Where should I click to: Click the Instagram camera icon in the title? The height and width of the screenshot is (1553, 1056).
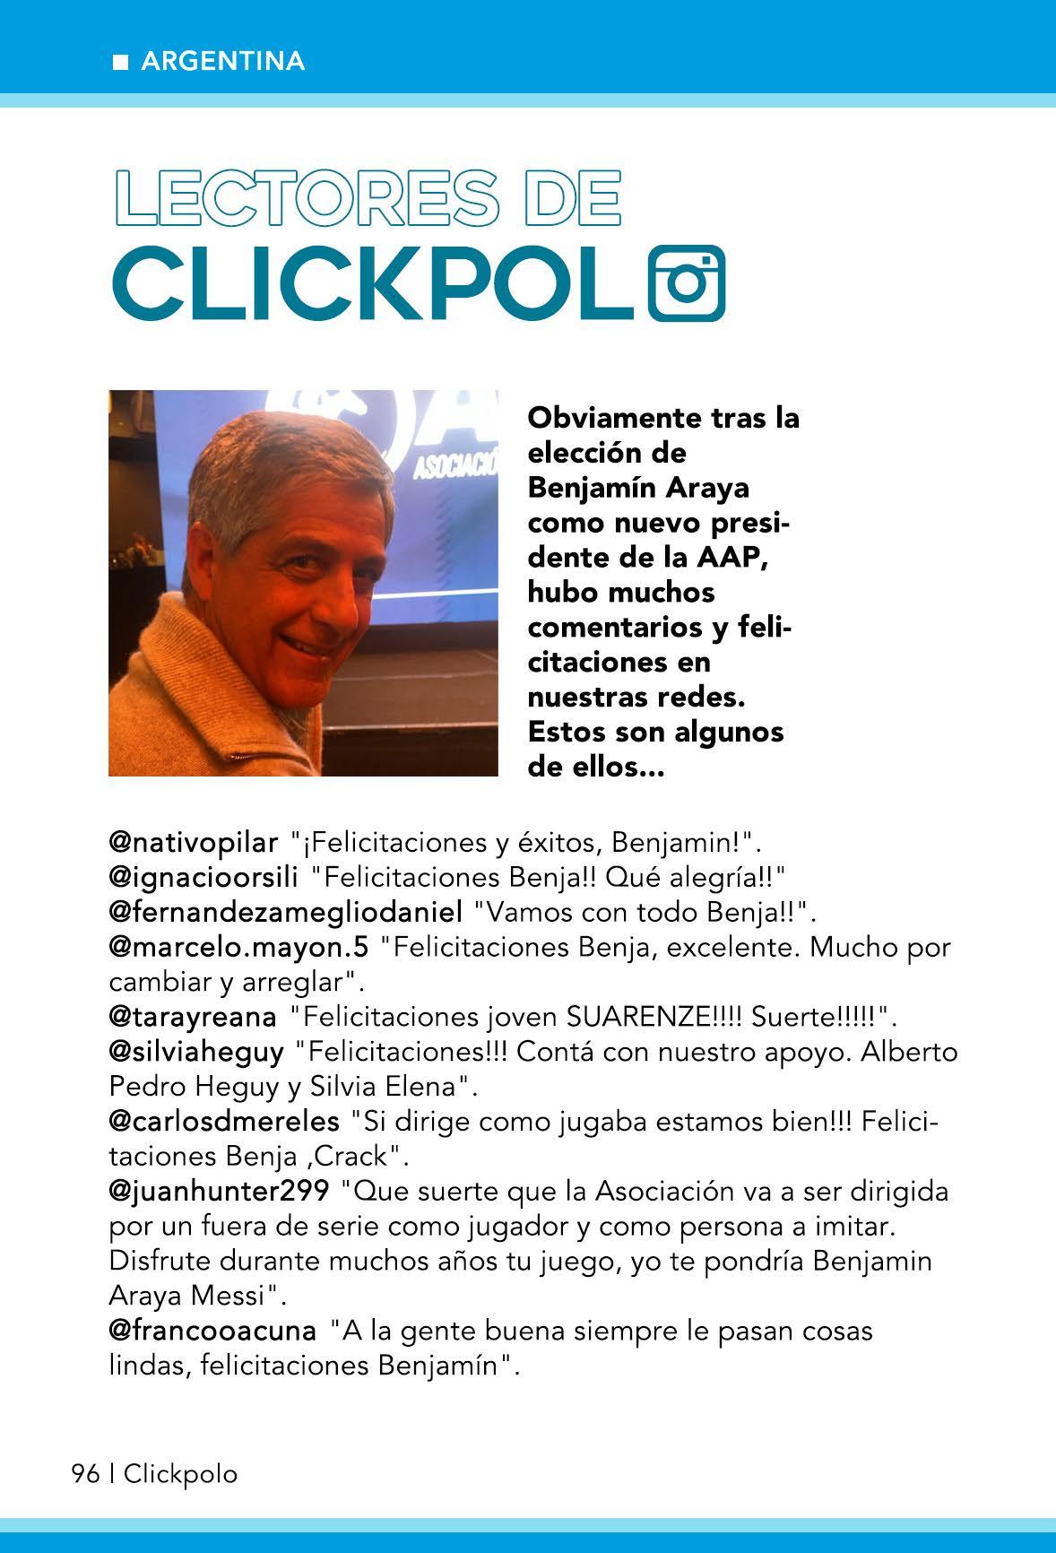coord(686,282)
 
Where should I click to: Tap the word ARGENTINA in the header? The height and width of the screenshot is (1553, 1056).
coord(223,61)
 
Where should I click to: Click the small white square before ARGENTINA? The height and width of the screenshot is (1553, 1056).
coord(119,62)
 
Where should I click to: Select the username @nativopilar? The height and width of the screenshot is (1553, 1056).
coord(194,843)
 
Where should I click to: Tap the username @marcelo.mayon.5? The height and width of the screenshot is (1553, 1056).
coord(238,947)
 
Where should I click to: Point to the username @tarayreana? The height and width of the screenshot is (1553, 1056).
coord(192,1017)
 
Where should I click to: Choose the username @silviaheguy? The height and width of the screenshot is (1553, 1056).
coord(196,1051)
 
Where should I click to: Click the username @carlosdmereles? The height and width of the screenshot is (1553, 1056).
coord(224,1121)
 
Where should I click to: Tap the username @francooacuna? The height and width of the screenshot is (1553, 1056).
coord(212,1331)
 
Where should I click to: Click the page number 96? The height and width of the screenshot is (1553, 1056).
coord(85,1474)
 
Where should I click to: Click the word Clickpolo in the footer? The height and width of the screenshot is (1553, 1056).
coord(181,1474)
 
